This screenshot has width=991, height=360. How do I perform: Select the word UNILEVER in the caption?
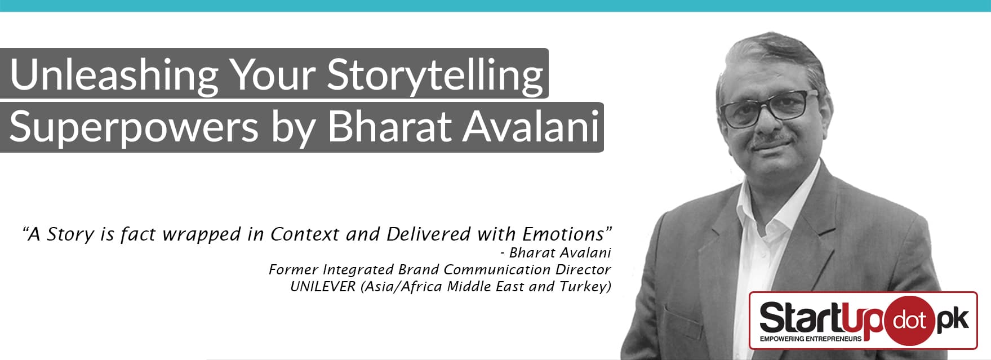coord(323,286)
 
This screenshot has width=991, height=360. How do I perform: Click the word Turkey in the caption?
coord(585,287)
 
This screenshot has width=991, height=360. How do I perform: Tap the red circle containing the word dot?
coord(908,321)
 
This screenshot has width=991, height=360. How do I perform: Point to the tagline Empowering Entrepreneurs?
coord(810,339)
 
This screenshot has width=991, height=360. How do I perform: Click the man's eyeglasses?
coord(770,109)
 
